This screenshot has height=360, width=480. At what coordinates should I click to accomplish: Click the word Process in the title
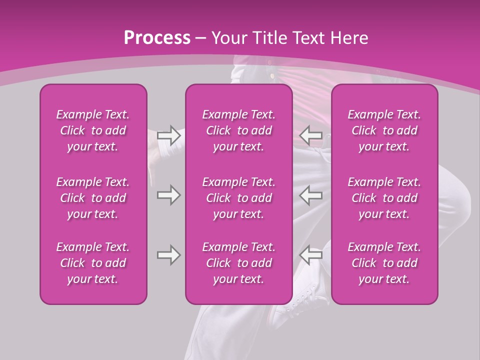coord(157,38)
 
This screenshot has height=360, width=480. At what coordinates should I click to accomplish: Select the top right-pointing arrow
coord(168,135)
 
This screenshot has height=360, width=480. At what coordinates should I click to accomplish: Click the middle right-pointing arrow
coord(168,195)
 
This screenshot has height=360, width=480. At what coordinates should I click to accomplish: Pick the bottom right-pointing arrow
coord(168,255)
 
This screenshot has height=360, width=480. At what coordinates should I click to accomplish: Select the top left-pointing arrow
coord(311,135)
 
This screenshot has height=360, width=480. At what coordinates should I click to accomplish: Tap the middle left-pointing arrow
coord(311,195)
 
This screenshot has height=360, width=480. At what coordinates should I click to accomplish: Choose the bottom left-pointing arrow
coord(311,255)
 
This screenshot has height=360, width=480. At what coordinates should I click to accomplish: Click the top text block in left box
coord(93,130)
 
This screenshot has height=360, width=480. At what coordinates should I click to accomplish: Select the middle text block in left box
coord(93,198)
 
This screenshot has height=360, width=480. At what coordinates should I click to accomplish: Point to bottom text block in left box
coord(93,263)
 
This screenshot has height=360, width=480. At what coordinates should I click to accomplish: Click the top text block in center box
coord(238,130)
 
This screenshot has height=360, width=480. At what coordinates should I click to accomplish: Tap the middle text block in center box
coord(238,198)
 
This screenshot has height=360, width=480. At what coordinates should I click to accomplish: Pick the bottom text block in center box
coord(238,263)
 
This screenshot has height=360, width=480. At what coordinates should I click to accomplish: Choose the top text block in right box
coord(384,130)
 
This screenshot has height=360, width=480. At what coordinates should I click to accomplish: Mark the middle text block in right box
coord(384,198)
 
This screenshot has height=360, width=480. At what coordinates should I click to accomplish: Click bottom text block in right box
coord(384,263)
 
